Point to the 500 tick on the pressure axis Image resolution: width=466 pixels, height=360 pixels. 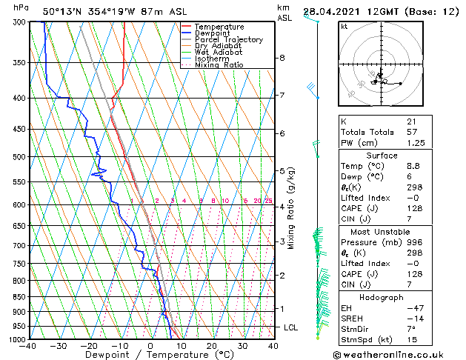(16, 157)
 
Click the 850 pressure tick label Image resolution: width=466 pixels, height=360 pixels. (16, 297)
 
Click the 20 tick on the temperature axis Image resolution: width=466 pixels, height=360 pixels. (212, 345)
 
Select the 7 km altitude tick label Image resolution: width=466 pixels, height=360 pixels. (282, 96)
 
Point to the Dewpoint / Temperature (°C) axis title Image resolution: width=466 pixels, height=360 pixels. (150, 355)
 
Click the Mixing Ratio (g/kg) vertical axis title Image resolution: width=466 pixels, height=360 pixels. (292, 208)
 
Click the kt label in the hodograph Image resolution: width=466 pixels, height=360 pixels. (344, 26)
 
